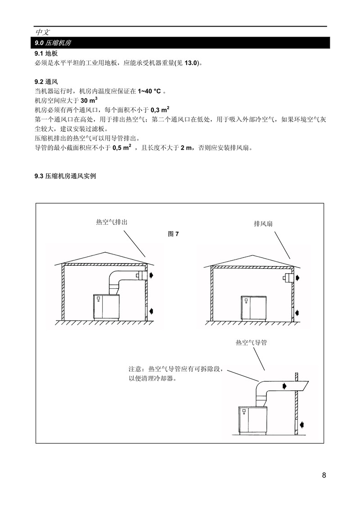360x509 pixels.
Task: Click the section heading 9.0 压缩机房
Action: coord(53,43)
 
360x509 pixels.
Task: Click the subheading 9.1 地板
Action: coord(46,53)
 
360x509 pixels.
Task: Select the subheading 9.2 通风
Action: coord(46,82)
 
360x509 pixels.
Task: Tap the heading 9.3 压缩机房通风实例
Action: coord(65,176)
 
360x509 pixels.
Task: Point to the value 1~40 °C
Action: coord(149,91)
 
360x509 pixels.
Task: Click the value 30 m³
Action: coord(89,100)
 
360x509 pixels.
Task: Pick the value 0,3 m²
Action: coord(160,110)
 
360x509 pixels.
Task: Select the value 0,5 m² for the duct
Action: coord(122,147)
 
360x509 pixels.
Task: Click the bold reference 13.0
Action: coord(191,63)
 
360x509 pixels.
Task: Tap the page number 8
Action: coord(324,475)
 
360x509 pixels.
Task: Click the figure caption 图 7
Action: coord(173,234)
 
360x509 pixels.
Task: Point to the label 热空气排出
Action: coord(112,223)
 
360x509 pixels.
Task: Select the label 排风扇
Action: coord(263,223)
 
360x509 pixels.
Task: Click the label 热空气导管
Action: coord(252,343)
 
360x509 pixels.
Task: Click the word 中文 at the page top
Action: coord(43,32)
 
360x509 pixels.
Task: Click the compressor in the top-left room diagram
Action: coord(106,307)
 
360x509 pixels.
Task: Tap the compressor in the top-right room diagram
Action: coord(253,308)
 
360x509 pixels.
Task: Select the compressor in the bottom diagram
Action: coord(253,420)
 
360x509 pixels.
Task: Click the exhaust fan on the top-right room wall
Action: coord(288,278)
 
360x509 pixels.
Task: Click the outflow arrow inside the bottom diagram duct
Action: coord(285,386)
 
